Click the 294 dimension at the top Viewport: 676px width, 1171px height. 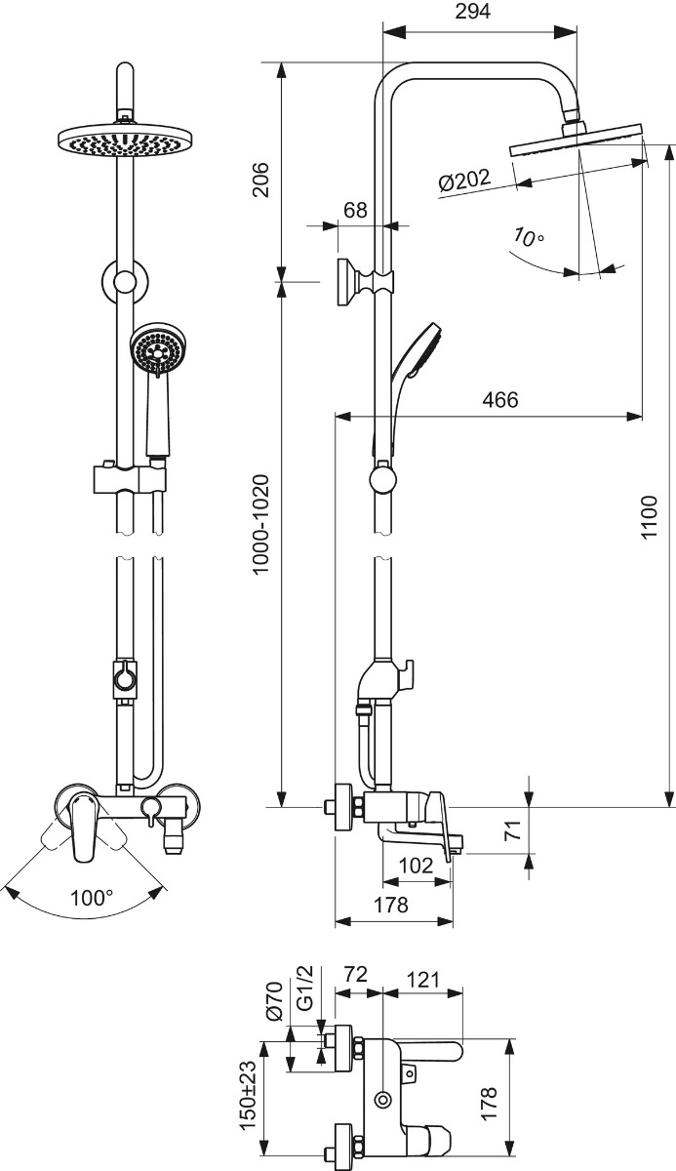(x=473, y=11)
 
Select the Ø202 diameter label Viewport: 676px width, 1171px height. (x=464, y=181)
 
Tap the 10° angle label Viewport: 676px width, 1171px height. (x=528, y=237)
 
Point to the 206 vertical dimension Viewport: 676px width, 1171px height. (x=260, y=180)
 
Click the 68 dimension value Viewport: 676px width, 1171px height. (x=355, y=210)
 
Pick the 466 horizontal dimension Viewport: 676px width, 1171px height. (x=500, y=400)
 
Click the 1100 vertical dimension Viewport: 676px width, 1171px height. (x=649, y=517)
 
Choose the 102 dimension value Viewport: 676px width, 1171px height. (x=416, y=866)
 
